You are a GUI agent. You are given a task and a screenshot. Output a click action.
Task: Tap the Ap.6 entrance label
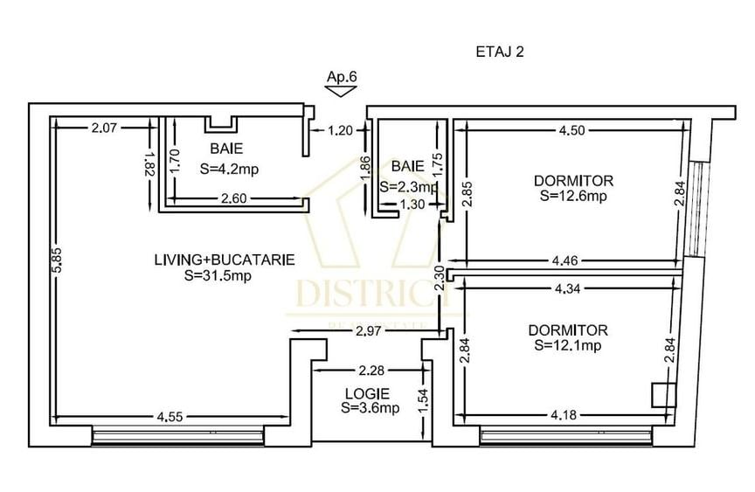tap(342, 77)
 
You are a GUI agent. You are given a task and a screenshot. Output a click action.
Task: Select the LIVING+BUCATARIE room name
tap(224, 260)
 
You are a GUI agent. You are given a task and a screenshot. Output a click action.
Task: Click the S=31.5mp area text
tap(218, 274)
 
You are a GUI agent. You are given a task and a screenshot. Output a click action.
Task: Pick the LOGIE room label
tap(366, 394)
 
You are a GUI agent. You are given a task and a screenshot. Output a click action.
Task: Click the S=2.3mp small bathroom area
tap(408, 187)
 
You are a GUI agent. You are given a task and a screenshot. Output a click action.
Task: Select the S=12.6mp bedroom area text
tap(573, 196)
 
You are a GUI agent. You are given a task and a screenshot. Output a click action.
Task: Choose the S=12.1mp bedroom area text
tap(568, 345)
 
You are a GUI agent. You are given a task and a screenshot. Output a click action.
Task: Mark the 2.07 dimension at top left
tap(104, 128)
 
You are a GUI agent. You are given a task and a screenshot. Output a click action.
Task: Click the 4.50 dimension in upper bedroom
tap(573, 130)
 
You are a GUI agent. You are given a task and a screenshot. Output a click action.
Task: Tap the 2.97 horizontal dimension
tap(371, 329)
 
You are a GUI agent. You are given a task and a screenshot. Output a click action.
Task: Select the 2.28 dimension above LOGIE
tap(366, 371)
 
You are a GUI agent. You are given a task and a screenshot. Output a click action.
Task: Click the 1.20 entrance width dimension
tap(340, 132)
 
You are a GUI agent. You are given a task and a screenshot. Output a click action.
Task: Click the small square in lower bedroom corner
tap(663, 395)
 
